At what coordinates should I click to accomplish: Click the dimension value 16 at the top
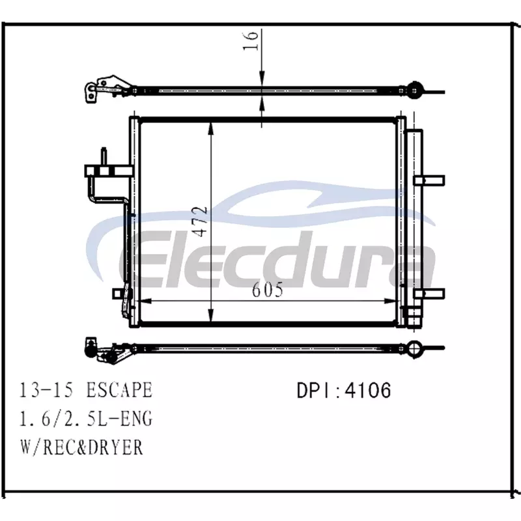pyautogui.click(x=251, y=40)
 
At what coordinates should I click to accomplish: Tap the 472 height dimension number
pyautogui.click(x=201, y=221)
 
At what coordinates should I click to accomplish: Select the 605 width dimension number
pyautogui.click(x=268, y=290)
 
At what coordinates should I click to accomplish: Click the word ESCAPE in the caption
pyautogui.click(x=119, y=389)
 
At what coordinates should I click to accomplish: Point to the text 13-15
pyautogui.click(x=46, y=389)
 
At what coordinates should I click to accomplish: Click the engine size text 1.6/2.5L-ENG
pyautogui.click(x=86, y=418)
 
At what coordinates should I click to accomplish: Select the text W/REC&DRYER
pyautogui.click(x=82, y=447)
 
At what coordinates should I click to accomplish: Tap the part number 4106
pyautogui.click(x=368, y=390)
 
